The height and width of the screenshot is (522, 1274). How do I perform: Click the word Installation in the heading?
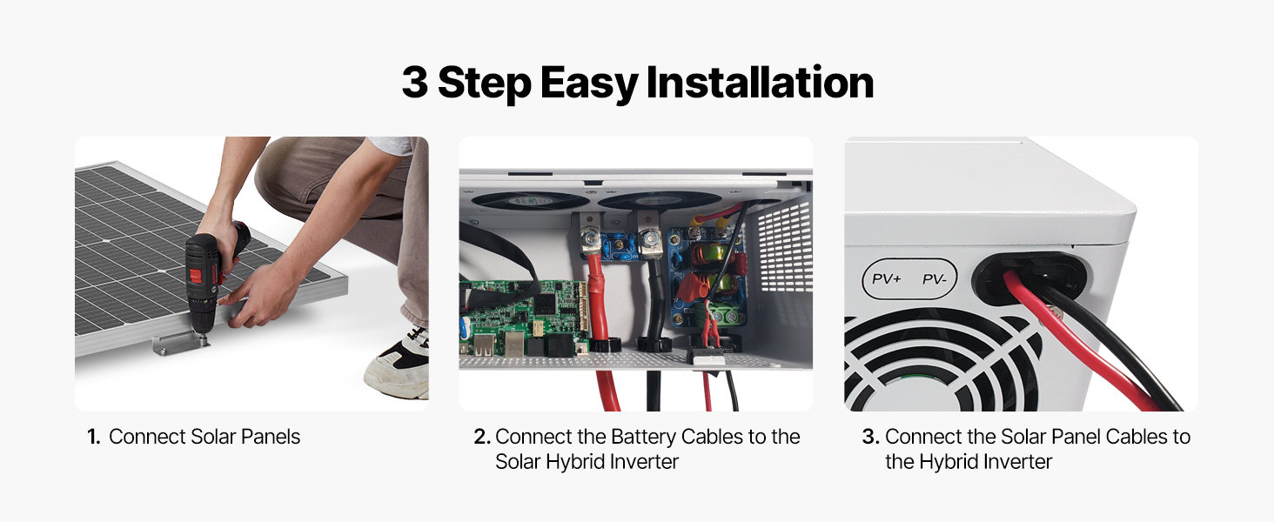point(760,83)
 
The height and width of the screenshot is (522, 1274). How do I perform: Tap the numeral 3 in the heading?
point(414,83)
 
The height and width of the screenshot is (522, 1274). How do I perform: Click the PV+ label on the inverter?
point(886,278)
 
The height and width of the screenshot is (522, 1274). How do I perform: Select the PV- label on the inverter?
point(934,279)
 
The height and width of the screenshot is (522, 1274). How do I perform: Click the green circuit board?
point(523,318)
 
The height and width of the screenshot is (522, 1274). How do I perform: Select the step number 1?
point(93,437)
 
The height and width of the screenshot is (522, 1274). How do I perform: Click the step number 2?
point(482,437)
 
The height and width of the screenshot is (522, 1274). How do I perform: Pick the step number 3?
point(871,437)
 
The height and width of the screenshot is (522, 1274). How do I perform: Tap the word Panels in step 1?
point(270,437)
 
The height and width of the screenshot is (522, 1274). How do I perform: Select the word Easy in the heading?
point(588,84)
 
